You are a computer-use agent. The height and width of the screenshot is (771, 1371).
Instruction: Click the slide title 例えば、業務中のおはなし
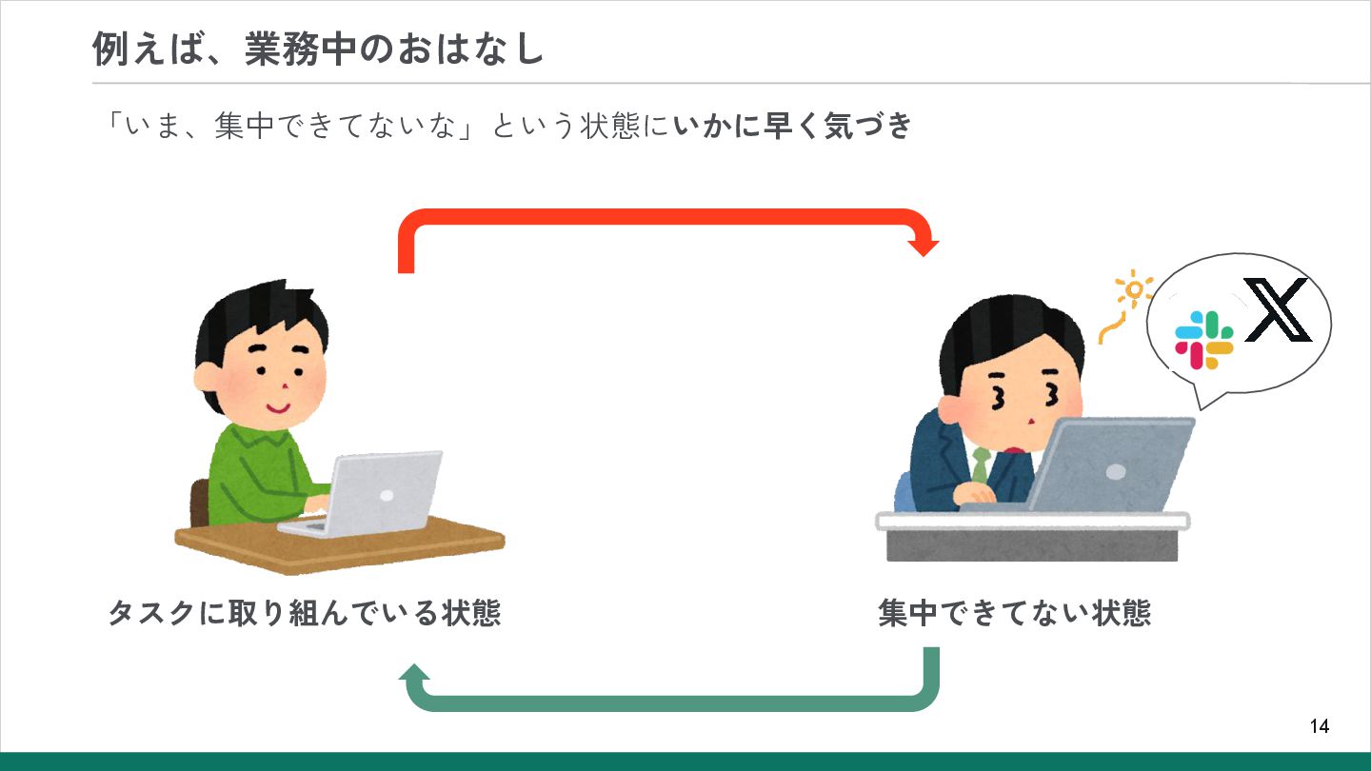pos(318,49)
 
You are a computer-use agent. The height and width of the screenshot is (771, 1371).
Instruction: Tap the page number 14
pos(1319,727)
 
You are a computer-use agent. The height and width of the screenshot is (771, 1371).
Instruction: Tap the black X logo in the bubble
pos(1278,310)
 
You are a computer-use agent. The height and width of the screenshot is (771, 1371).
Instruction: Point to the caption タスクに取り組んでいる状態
pos(305,613)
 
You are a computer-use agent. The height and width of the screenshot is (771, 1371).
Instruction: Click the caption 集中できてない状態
pos(1014,613)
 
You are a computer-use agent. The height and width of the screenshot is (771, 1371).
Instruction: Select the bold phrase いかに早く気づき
pos(792,127)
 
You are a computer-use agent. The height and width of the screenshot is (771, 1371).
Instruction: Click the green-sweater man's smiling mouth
pos(277,408)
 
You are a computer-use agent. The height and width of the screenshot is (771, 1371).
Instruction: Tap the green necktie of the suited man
pos(981,465)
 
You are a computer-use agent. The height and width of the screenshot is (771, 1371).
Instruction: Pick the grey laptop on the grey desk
pos(1109,465)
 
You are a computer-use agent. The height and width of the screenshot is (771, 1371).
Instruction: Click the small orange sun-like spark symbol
pos(1133,289)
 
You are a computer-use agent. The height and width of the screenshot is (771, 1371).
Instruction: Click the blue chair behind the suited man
pos(904,491)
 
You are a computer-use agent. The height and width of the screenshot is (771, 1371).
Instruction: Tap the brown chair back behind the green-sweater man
pos(199,502)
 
